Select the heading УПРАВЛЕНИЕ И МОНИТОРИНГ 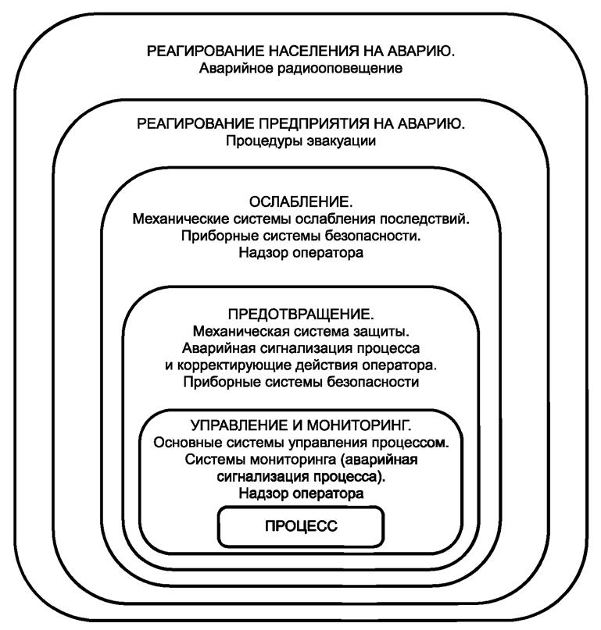point(301,426)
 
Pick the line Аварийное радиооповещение point(301,69)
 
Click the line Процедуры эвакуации point(301,141)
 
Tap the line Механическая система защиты point(301,332)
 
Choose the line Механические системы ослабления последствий point(301,219)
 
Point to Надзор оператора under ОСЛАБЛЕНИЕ point(301,254)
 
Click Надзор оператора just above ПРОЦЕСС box point(301,494)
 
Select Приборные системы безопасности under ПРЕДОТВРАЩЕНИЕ point(301,383)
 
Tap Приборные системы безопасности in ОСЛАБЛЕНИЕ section point(301,237)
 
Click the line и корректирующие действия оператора point(301,365)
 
